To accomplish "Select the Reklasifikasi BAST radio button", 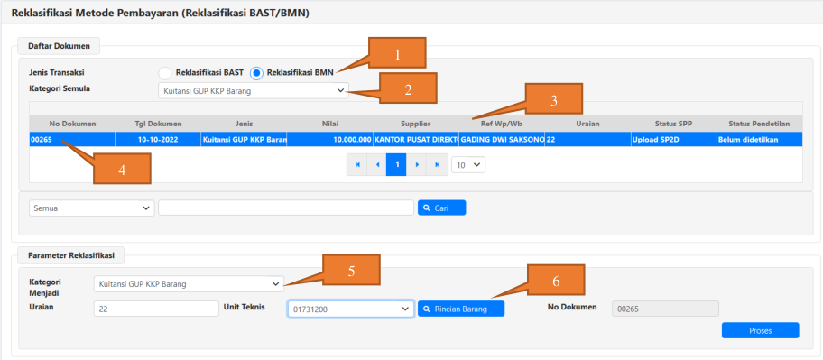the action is (165, 73).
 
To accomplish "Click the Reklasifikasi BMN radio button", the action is (256, 73).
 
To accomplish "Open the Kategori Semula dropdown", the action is (253, 91).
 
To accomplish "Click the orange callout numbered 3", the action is (554, 98).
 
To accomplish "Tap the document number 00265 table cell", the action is (72, 139).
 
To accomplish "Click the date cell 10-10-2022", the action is (157, 139).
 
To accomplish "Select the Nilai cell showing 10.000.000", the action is (329, 139).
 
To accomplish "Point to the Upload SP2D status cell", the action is (673, 139).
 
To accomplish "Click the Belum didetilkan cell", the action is (760, 139).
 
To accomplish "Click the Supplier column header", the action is (416, 124).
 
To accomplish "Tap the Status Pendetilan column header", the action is (760, 124).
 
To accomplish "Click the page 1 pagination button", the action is (397, 165).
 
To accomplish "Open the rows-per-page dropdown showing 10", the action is (468, 165).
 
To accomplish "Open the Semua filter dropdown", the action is (92, 208).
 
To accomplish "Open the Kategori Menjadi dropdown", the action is (189, 284).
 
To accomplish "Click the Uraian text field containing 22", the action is (156, 309).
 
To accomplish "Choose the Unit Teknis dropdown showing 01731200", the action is (351, 309).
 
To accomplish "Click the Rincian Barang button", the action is (461, 309).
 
